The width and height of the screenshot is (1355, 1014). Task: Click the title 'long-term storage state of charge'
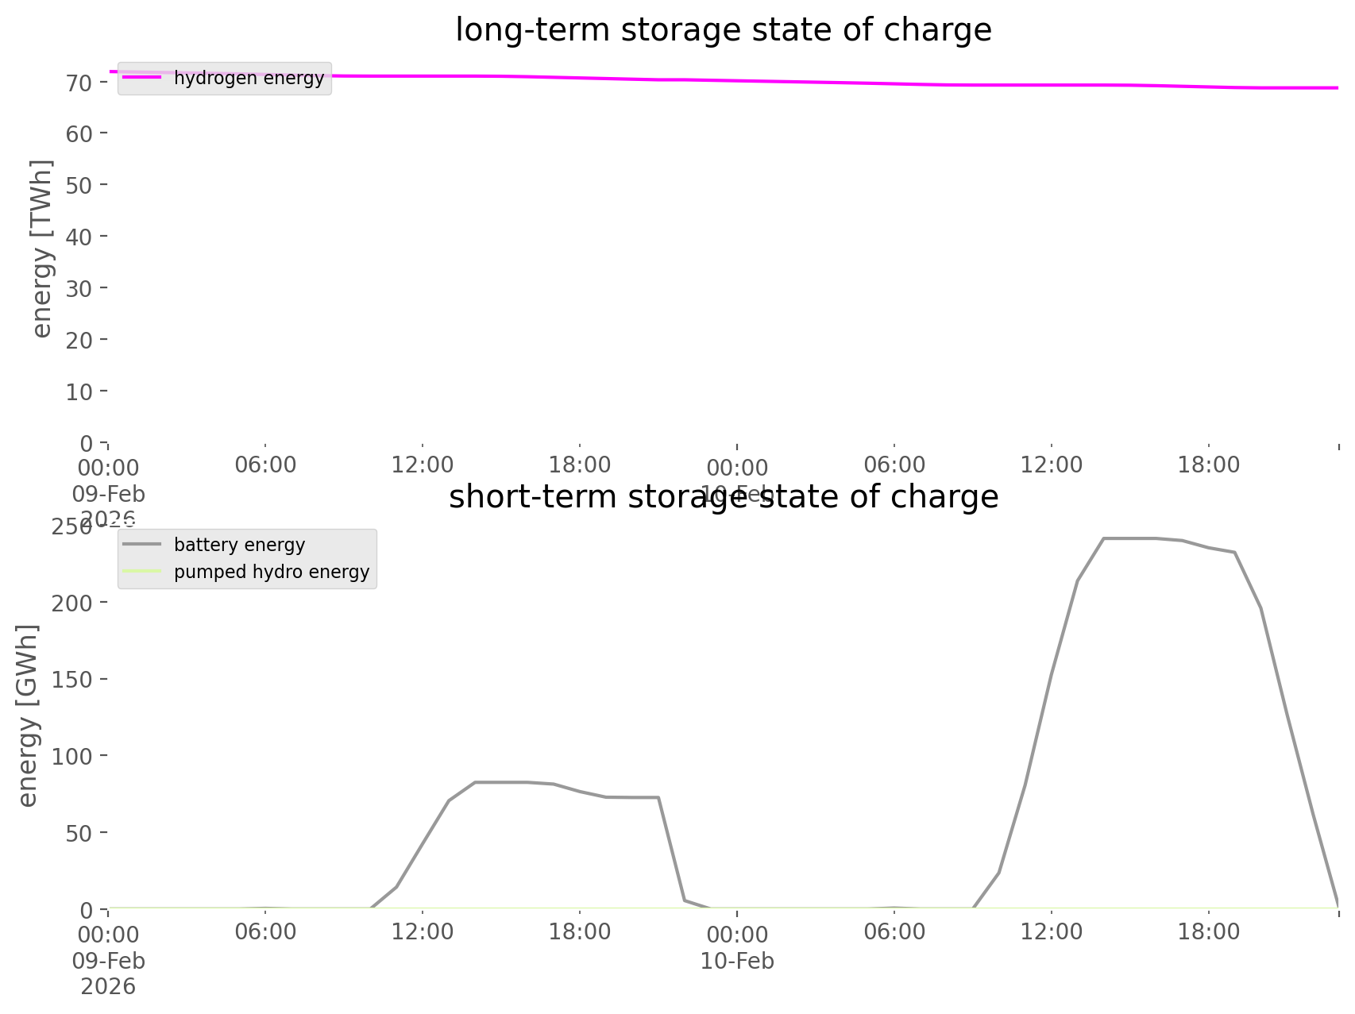click(723, 30)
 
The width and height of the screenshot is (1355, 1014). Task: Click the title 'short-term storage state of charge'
click(723, 497)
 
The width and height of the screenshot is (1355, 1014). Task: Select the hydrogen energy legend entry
click(249, 78)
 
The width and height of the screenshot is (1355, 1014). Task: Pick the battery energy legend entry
click(239, 545)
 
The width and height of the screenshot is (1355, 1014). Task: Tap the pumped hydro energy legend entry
click(271, 572)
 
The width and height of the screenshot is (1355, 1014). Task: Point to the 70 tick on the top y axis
click(79, 82)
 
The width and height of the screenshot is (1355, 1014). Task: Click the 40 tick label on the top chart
click(79, 237)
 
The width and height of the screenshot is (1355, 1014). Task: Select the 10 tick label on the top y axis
click(79, 391)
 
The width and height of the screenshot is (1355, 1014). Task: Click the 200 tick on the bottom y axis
click(72, 602)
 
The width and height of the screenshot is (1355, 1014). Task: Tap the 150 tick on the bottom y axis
click(72, 679)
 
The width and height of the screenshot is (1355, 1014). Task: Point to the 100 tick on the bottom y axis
click(72, 756)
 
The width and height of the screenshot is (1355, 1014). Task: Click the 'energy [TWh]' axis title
click(42, 249)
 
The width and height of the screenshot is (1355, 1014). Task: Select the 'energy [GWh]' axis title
click(28, 715)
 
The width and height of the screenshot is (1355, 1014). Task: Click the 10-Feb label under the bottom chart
click(737, 961)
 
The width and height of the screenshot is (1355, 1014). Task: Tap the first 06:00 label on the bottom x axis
click(265, 931)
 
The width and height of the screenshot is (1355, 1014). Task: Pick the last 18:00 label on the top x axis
click(1208, 465)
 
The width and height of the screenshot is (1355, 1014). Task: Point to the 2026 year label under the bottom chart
click(108, 987)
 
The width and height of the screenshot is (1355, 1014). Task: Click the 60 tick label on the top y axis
click(79, 133)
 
